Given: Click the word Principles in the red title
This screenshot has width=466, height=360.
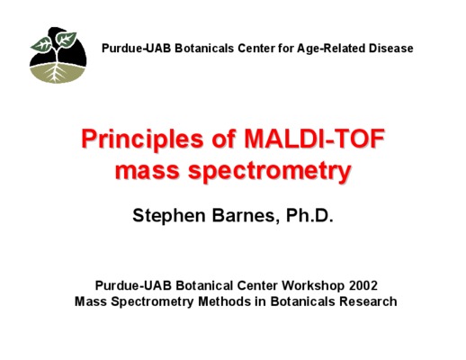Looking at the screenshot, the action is [x=142, y=139].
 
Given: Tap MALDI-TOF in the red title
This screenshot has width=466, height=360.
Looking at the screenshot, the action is [x=314, y=139].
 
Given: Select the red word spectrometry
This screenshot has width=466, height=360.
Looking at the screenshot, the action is [x=269, y=171].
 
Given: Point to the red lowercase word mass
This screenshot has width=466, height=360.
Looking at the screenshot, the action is [x=148, y=172].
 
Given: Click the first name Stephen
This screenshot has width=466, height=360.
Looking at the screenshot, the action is [x=169, y=216].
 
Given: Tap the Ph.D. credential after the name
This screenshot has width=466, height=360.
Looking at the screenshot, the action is [x=309, y=215].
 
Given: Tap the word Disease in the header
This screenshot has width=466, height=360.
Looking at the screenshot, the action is [x=391, y=49].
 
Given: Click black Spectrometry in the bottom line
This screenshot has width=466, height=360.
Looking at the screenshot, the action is [x=152, y=301].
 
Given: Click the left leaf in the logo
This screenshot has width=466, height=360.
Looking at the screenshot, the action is [x=41, y=44].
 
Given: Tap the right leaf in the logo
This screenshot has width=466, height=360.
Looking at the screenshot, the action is [x=66, y=39].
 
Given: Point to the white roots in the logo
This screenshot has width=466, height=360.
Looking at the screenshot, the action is [x=55, y=72].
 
